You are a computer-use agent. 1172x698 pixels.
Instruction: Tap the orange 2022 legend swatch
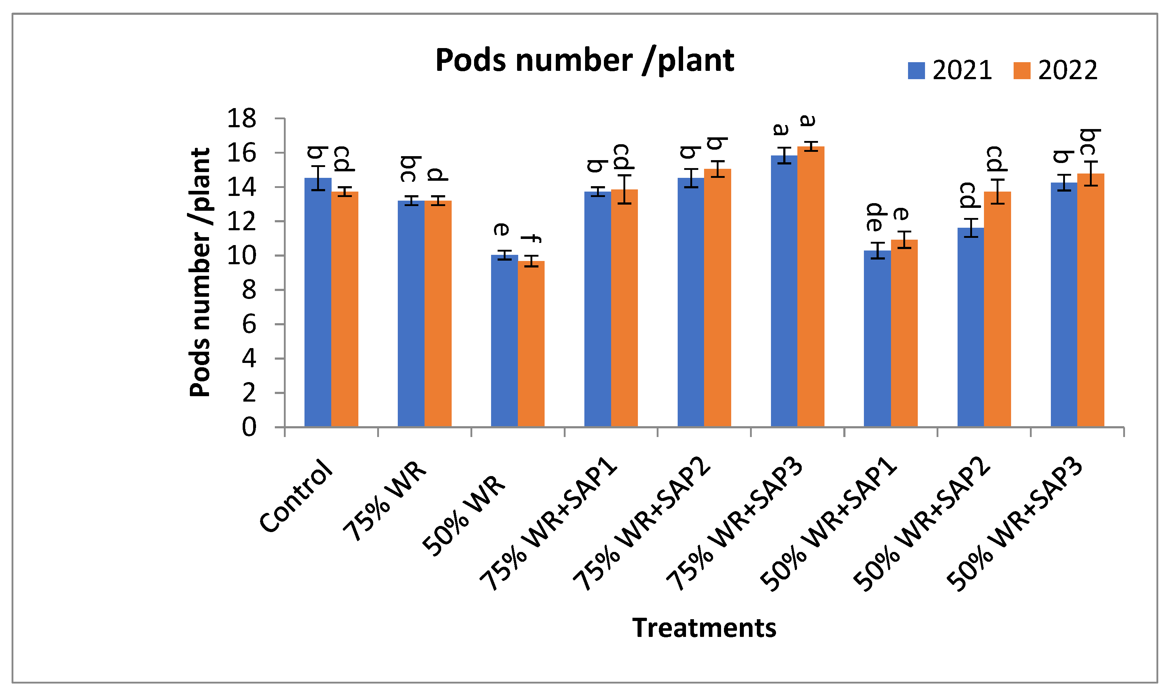(x=1022, y=70)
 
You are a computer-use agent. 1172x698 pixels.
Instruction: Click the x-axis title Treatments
(x=704, y=628)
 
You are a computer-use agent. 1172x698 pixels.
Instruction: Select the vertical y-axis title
(x=200, y=273)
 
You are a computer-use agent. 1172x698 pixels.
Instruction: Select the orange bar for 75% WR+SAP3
(x=811, y=287)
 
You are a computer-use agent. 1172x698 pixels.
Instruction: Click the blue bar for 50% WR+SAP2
(x=970, y=329)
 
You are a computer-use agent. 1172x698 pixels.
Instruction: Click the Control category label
(x=297, y=496)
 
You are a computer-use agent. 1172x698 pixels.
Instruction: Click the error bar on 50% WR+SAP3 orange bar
(x=1091, y=174)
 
